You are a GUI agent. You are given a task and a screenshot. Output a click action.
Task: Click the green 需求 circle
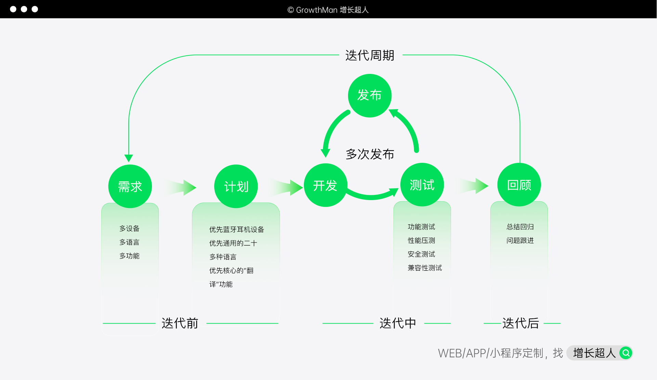(x=130, y=186)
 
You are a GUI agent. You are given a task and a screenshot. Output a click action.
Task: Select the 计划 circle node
(x=236, y=186)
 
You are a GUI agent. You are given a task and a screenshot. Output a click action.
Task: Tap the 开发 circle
(x=325, y=185)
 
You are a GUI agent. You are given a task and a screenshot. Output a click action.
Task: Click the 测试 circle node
(x=422, y=185)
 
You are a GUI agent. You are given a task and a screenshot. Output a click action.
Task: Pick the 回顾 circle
(x=519, y=185)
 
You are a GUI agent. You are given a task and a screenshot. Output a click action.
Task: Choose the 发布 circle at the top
(x=370, y=95)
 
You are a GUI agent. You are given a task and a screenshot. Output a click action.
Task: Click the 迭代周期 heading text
(x=370, y=55)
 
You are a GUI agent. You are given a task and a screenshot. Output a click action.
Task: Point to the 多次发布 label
(x=370, y=154)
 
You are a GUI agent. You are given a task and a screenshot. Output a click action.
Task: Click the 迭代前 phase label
(x=180, y=323)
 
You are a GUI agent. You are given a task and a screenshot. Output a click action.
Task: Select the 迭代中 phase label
(x=398, y=323)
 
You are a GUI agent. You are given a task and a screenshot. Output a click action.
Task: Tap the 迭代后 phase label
(x=520, y=323)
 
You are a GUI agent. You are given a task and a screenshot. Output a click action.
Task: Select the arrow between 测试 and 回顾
(x=474, y=186)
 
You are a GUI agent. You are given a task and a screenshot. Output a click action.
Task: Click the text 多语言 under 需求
(x=129, y=242)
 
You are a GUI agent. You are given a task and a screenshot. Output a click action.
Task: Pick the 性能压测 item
(x=421, y=240)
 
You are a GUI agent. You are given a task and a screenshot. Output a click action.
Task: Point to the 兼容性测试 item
(x=425, y=268)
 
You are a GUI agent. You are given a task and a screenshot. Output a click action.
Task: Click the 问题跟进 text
(x=520, y=240)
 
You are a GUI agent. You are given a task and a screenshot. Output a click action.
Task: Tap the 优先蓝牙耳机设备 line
(x=236, y=230)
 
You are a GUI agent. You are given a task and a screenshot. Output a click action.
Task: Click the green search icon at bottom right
(x=626, y=353)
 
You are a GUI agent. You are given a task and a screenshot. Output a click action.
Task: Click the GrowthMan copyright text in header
(x=328, y=10)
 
